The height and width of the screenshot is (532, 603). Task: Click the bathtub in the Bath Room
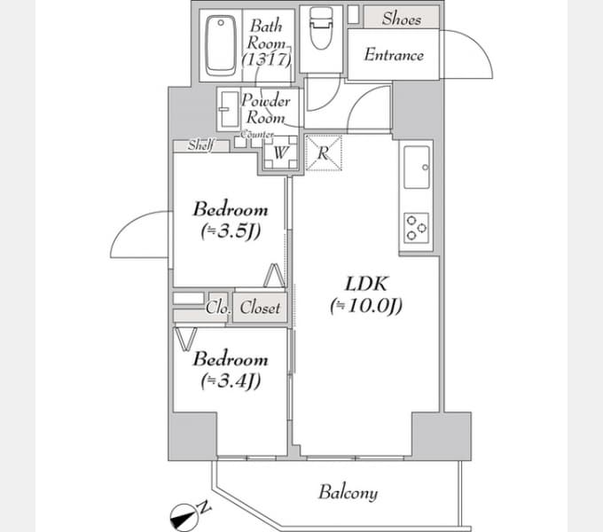pos(220,45)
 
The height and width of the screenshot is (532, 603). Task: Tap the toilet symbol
pos(321,28)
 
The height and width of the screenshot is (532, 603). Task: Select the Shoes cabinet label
pos(402,19)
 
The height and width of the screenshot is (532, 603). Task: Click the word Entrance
pos(394,55)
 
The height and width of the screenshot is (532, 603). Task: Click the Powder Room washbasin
pos(229,109)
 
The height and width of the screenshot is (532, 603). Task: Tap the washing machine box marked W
pos(280,153)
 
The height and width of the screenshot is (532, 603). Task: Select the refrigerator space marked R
pos(323,153)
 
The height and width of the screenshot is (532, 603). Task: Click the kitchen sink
pos(417,168)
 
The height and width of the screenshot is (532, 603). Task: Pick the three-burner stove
pos(416,228)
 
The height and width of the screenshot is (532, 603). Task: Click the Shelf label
pos(200,145)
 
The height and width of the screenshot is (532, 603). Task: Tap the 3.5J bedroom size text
pos(231,231)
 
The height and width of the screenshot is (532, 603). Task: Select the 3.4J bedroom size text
pos(231,381)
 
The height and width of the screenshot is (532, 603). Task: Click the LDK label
pos(366,284)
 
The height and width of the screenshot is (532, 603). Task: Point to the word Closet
pos(260,308)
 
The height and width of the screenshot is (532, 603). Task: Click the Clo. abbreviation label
pos(218,308)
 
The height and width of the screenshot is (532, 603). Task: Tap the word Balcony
pos(348,492)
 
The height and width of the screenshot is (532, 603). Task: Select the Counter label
pos(257,135)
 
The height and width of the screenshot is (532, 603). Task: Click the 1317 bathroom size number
pos(267,59)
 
